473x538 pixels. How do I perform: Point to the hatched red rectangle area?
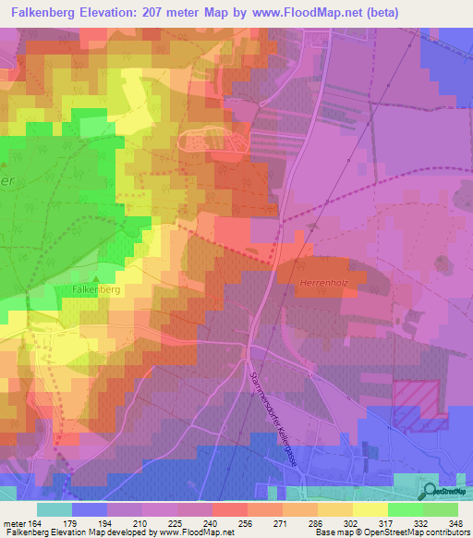tap(421, 405)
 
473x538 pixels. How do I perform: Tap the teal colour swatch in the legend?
tap(55, 508)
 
